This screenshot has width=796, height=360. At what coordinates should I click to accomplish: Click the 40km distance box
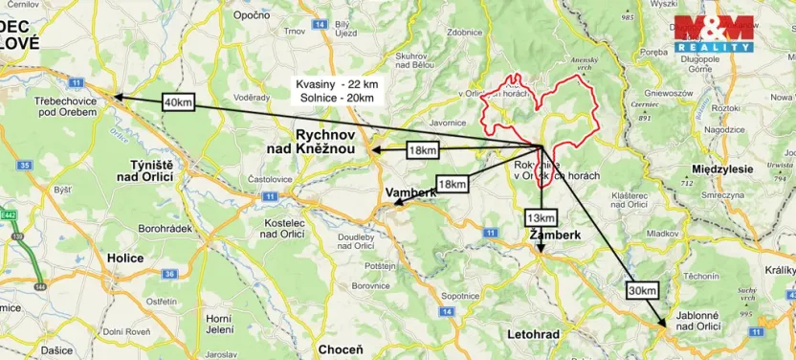point(178,101)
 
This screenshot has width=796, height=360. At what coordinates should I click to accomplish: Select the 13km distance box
point(539,217)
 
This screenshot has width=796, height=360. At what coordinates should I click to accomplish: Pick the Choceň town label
point(340,349)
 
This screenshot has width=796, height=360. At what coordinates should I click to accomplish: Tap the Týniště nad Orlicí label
point(142,170)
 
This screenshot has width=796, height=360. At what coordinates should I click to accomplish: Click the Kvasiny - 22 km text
point(340,84)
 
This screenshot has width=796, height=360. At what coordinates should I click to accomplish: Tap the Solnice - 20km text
point(340,98)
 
